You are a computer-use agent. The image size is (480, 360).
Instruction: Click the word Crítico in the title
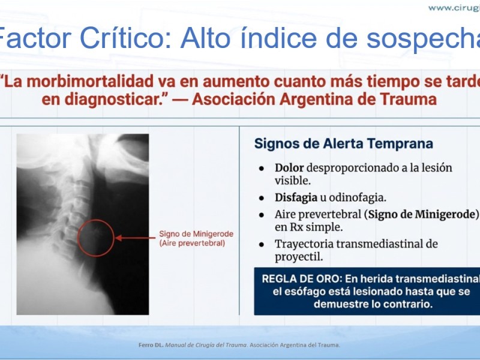(125, 38)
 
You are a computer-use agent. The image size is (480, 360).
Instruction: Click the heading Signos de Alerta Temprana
(343, 143)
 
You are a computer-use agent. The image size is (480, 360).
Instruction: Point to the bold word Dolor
(289, 167)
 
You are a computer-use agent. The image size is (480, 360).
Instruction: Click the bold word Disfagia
(296, 197)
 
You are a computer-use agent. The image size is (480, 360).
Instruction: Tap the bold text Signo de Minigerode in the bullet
(423, 214)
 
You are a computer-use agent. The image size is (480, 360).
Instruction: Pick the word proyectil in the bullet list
(299, 257)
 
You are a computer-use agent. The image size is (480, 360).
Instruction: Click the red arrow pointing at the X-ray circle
(135, 238)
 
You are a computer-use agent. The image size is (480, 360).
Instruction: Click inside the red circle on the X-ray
(96, 238)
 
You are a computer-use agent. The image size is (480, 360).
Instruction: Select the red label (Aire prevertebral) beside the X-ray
(192, 244)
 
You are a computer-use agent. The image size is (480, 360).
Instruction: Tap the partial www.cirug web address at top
(454, 8)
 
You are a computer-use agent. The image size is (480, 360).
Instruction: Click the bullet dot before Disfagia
(262, 199)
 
